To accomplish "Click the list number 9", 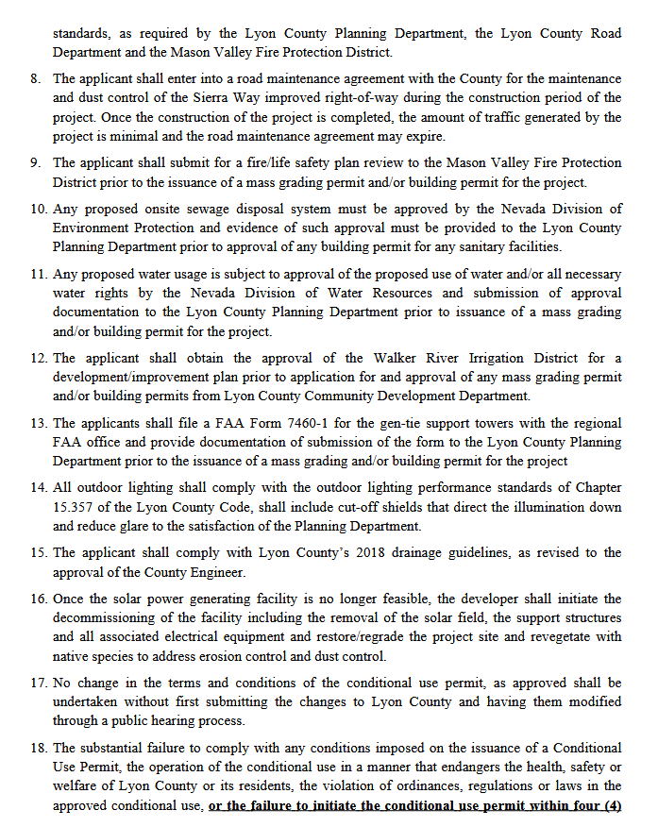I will coord(34,163).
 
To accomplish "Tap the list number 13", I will coord(37,423).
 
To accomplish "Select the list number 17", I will coord(37,683).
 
